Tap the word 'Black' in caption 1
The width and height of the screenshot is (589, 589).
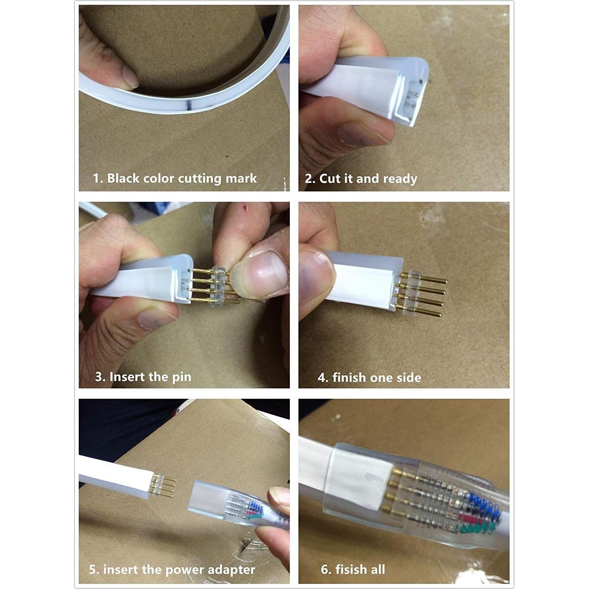[123, 178]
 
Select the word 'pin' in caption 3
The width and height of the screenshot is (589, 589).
[181, 377]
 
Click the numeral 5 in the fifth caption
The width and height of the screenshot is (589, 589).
[93, 570]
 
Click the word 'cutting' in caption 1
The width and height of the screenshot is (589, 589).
[199, 179]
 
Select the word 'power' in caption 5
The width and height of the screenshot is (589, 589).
[185, 570]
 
